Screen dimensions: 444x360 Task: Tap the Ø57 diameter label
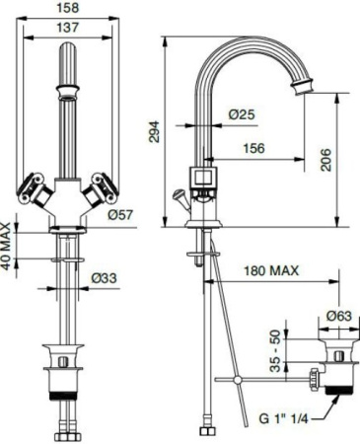tap(120, 214)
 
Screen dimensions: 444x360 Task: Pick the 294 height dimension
tap(153, 132)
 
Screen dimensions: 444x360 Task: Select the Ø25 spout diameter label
tap(242, 114)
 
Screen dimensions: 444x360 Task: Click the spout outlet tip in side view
tap(301, 90)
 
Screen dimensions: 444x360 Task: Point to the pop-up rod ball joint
tap(237, 379)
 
